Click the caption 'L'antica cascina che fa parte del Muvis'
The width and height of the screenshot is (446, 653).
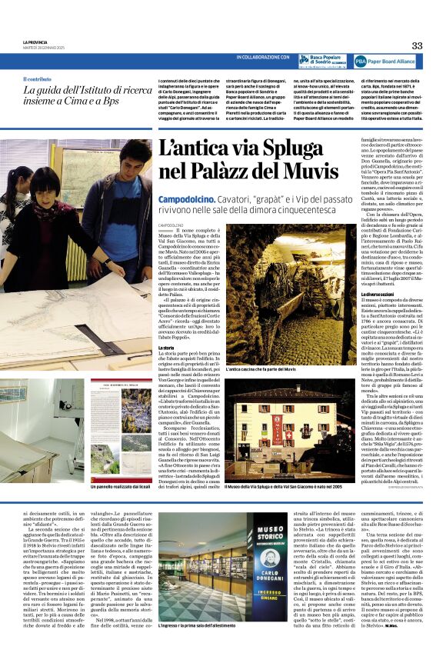click(x=259, y=370)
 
